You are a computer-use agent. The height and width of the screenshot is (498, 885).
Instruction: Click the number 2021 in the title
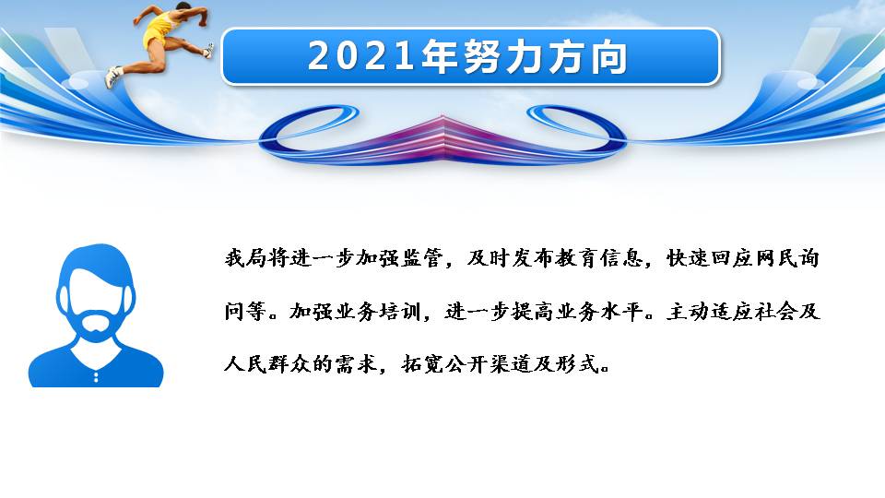coord(360,56)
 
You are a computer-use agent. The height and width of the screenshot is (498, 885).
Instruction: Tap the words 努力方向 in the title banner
coord(545,56)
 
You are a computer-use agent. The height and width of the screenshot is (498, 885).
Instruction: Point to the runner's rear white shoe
coord(112,77)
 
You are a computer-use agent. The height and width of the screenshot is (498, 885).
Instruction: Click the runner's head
coord(183,7)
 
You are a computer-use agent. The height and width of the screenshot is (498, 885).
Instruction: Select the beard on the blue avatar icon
coord(96,326)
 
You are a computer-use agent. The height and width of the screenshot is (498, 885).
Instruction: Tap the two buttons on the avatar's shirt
coord(96,376)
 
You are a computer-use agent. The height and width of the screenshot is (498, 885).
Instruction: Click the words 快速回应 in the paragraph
coord(710,258)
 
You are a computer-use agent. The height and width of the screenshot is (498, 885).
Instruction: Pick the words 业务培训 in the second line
coord(379,311)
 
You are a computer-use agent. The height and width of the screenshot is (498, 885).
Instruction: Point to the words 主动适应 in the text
coord(710,311)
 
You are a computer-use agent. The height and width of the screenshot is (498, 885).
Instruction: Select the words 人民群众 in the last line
coord(268,364)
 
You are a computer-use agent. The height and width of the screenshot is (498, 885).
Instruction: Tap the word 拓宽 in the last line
coord(423,364)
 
